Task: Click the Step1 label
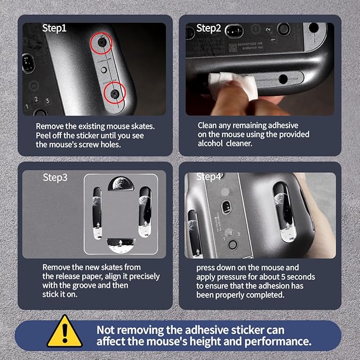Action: coord(54,29)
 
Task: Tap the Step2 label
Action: coord(208,29)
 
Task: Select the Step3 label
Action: coord(55,178)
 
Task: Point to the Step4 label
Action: coord(208,177)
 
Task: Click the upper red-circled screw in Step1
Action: coord(102,41)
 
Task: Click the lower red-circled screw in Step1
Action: coord(115,93)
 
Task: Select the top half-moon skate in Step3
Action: coord(121,183)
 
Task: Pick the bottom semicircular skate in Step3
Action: coord(121,245)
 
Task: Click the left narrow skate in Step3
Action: coord(97,213)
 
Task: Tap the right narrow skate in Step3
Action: coord(145,212)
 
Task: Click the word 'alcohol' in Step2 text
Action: coord(210,144)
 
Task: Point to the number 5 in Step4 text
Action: coord(283,277)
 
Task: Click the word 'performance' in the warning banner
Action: coord(278,341)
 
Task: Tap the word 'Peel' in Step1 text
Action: coord(43,135)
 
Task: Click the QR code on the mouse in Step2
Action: coord(233,48)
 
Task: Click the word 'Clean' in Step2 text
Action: coord(207,126)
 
